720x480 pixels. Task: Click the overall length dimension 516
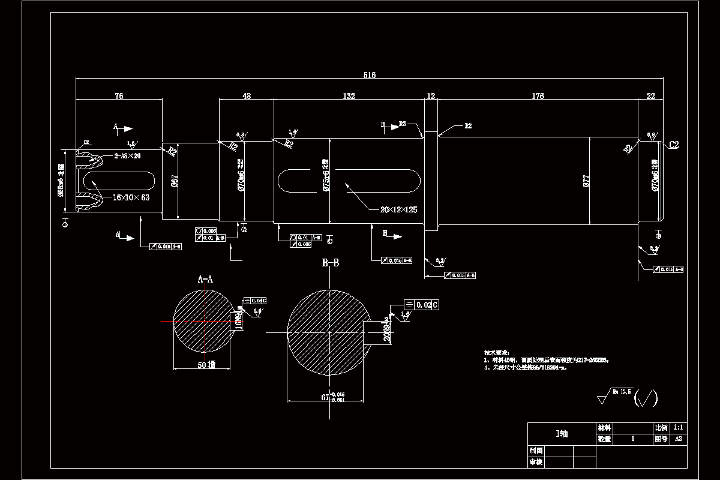click(369, 75)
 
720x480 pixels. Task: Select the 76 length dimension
click(119, 95)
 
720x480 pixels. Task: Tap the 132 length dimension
click(349, 95)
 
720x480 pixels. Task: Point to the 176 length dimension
click(537, 95)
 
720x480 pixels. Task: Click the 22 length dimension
click(650, 95)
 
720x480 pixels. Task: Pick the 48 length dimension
click(246, 95)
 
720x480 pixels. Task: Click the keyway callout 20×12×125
click(398, 209)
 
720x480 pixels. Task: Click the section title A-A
click(205, 279)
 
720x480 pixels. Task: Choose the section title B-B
click(331, 263)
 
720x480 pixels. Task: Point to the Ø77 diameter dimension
click(588, 182)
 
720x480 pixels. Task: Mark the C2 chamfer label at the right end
click(673, 145)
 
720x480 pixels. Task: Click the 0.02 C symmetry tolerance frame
click(422, 305)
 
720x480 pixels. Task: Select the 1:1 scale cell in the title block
click(679, 428)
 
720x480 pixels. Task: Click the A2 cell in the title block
click(679, 439)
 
